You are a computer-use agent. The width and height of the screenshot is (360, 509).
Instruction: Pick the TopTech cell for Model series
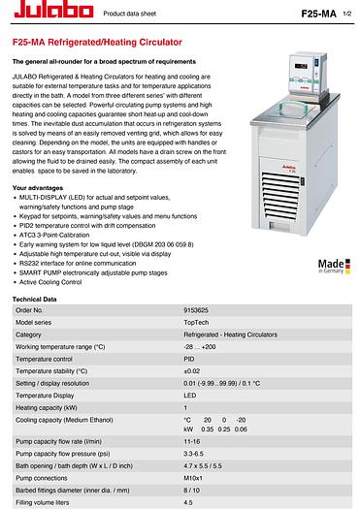(196, 322)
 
